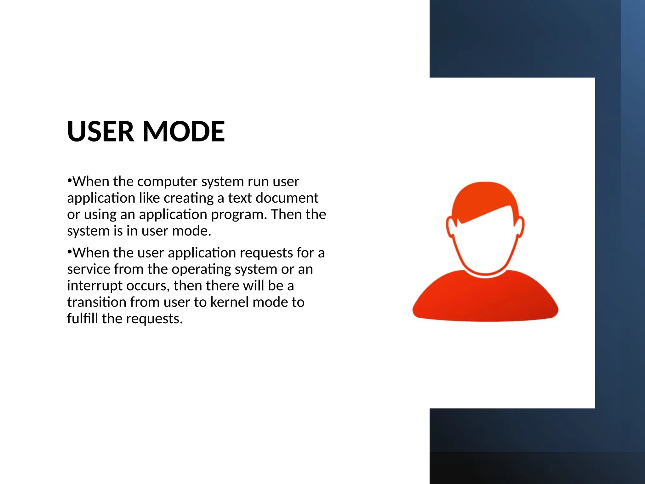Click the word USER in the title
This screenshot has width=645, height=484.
[100, 131]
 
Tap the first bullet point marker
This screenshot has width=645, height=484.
[69, 181]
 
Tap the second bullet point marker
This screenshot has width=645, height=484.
[69, 252]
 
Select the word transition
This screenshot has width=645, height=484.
[97, 302]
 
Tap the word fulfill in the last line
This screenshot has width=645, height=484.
[83, 319]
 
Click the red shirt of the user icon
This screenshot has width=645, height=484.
[485, 299]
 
